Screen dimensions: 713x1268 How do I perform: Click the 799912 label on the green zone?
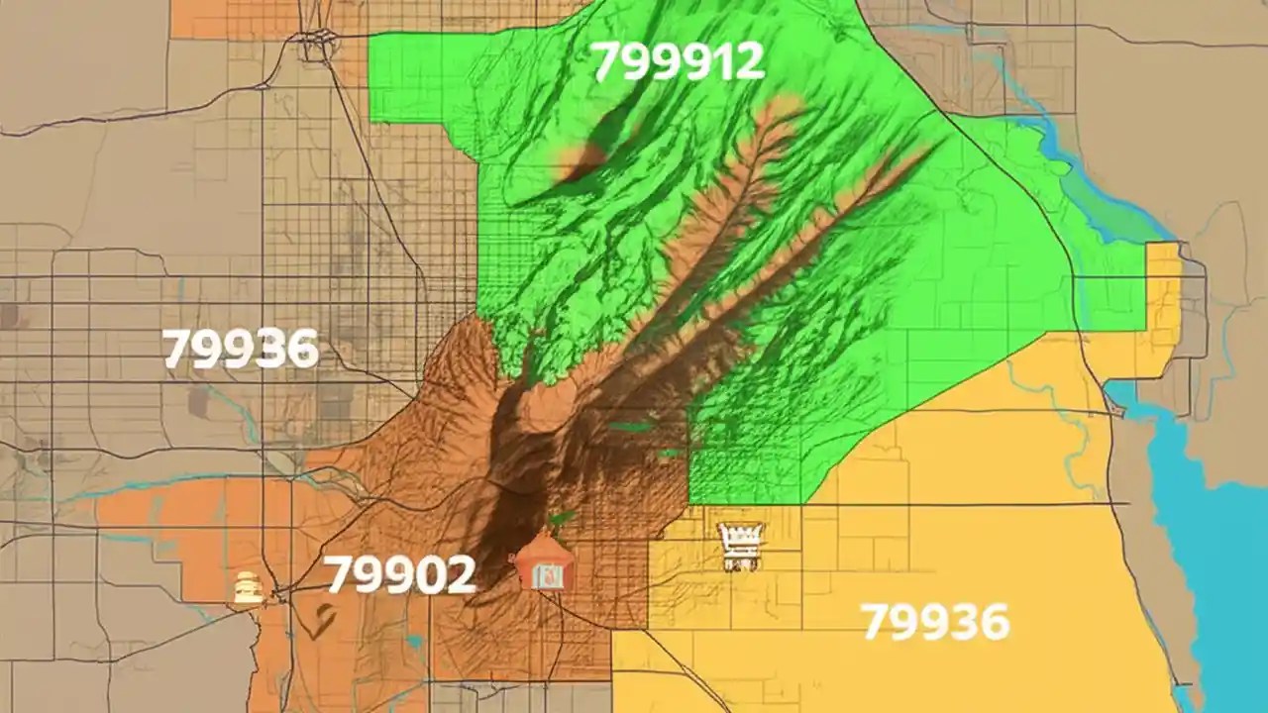(x=679, y=61)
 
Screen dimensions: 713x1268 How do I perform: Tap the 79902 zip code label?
(x=399, y=574)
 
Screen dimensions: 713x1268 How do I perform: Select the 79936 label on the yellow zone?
(x=935, y=622)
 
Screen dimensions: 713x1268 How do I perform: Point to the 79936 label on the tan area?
(x=240, y=349)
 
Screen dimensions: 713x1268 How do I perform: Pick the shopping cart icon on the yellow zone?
(x=741, y=546)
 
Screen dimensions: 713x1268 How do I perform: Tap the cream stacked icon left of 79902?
(x=247, y=587)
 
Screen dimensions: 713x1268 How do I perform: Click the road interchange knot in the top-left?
(x=316, y=44)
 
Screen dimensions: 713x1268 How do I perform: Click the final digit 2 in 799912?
(x=748, y=61)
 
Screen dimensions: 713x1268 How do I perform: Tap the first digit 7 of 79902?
(x=340, y=574)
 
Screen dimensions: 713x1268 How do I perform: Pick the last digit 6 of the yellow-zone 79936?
(x=992, y=622)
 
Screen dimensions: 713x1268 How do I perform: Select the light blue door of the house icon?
(x=542, y=574)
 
